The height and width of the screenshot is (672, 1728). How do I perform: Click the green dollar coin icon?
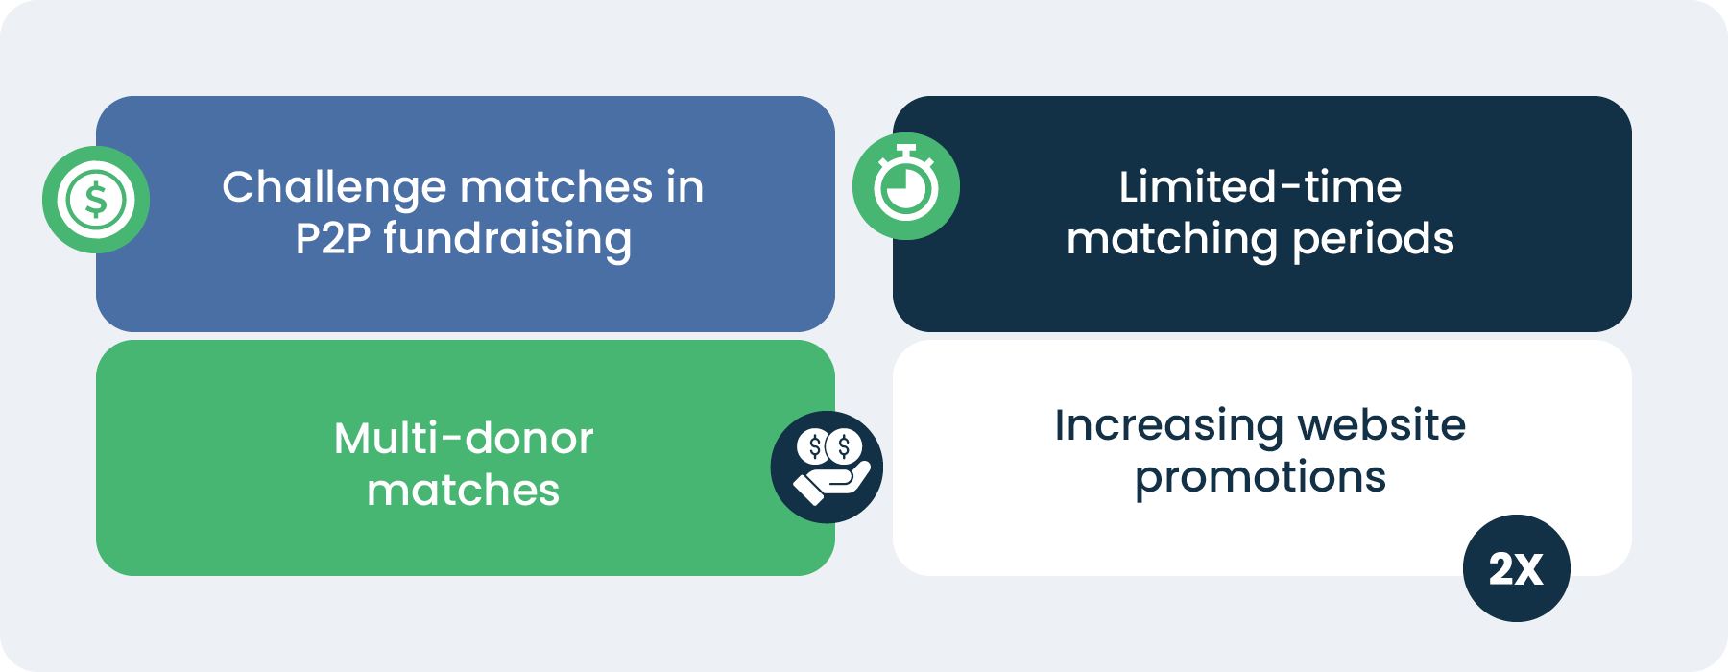pyautogui.click(x=96, y=200)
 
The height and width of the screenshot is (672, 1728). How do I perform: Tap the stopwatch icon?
pyautogui.click(x=905, y=186)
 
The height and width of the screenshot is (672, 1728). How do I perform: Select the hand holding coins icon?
pyautogui.click(x=827, y=468)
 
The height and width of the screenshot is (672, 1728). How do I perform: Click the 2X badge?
pyautogui.click(x=1516, y=568)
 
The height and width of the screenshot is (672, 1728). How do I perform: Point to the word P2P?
pyautogui.click(x=332, y=239)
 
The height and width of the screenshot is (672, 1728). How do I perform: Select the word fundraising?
pyautogui.click(x=508, y=239)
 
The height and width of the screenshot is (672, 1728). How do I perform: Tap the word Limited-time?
pyautogui.click(x=1260, y=187)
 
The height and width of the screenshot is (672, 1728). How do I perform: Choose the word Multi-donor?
pyautogui.click(x=464, y=439)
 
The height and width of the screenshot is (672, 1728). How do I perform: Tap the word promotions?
pyautogui.click(x=1260, y=477)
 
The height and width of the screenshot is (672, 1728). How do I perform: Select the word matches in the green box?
pyautogui.click(x=464, y=491)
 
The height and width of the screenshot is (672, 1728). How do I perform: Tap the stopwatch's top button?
pyautogui.click(x=905, y=150)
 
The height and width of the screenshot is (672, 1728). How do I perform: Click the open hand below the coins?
pyautogui.click(x=831, y=482)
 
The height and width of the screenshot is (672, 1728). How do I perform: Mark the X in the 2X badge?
pyautogui.click(x=1529, y=569)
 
